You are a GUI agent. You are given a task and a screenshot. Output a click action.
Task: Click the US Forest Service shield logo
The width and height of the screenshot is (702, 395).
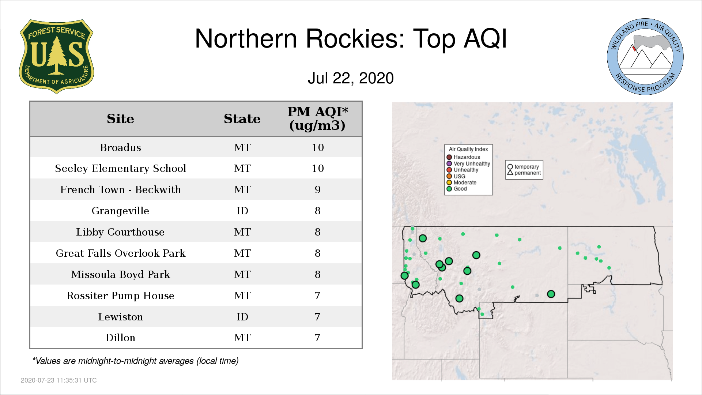[56, 56]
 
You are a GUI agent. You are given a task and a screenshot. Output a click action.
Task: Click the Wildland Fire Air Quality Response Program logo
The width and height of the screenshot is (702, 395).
[645, 57]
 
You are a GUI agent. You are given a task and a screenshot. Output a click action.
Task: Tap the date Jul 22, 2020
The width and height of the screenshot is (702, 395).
[351, 78]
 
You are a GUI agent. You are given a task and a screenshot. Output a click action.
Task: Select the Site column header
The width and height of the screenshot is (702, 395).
[120, 119]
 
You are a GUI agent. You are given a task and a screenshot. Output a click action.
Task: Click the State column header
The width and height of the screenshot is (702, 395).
[242, 119]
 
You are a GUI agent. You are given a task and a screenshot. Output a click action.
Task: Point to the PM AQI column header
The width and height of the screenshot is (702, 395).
[317, 118]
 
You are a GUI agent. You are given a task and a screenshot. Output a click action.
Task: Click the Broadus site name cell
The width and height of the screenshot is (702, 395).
[120, 147]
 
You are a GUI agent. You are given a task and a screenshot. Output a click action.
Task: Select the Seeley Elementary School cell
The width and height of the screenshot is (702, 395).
[120, 168]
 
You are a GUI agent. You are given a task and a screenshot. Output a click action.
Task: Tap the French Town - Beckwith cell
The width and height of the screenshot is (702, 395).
[120, 189]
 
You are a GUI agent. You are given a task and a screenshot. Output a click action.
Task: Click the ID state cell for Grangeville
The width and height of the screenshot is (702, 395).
[242, 211]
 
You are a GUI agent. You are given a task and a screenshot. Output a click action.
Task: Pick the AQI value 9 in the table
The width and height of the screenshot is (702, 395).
[317, 189]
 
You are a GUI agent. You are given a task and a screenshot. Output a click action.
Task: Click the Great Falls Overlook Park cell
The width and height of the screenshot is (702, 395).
[120, 253]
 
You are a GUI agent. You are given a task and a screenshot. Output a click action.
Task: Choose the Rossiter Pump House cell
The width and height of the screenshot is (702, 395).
[120, 296]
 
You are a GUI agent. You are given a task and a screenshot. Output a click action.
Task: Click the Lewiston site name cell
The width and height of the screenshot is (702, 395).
[120, 317]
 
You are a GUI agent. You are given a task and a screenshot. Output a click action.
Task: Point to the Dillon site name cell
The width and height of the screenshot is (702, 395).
[120, 338]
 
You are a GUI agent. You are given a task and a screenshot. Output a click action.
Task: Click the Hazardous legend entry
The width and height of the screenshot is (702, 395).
[463, 157]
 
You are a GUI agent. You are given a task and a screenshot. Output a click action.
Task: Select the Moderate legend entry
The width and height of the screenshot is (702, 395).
[461, 183]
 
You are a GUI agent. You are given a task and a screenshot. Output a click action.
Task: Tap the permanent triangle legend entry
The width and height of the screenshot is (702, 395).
[524, 173]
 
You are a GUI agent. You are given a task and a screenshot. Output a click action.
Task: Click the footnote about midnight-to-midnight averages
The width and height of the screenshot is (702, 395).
[135, 361]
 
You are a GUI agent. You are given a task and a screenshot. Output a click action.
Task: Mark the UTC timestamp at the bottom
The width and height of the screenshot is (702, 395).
[59, 380]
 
